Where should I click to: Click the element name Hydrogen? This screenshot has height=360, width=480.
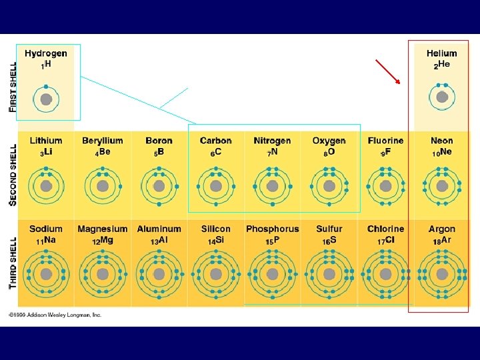pos(46,53)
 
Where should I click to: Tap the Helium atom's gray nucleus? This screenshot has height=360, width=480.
pos(442,97)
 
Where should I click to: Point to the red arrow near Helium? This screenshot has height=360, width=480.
pos(388,72)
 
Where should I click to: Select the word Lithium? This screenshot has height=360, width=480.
pos(46,141)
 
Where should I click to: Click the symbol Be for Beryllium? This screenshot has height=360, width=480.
pos(105,152)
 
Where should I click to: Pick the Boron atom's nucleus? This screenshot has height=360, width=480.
pos(159,185)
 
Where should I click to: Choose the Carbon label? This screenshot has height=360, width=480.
pos(215,141)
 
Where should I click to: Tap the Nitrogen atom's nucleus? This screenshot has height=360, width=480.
pos(272,185)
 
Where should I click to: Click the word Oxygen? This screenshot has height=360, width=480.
pos(329,141)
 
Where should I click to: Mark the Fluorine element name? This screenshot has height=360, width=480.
pos(385,141)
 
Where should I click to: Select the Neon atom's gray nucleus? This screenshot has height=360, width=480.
pos(442,185)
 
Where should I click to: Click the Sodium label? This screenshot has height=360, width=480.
pos(46,229)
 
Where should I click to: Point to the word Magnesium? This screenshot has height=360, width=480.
pos(103,229)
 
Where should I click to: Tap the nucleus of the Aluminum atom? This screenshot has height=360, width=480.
pos(159,275)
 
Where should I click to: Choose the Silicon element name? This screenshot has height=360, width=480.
pos(215,229)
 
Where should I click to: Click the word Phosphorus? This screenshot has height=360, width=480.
pos(272,229)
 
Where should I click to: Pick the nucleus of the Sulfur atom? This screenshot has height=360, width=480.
pos(329,275)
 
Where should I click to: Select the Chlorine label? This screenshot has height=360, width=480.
pos(385,229)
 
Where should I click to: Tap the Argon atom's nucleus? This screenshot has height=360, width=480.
pos(442,275)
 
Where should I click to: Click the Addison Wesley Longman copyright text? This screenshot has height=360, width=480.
pos(55,315)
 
